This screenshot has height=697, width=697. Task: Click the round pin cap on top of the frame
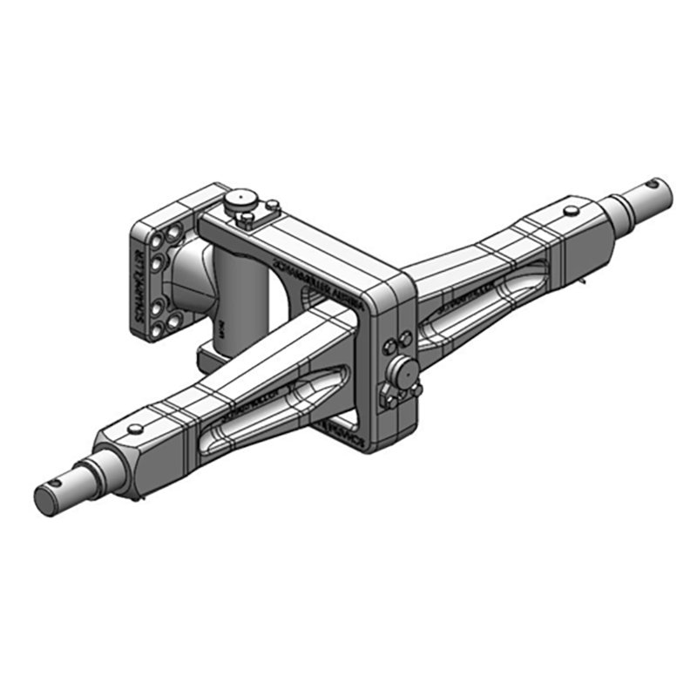coord(236,201)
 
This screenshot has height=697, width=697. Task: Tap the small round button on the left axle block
coord(135,428)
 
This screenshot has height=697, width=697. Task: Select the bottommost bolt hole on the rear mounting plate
coord(159,332)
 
